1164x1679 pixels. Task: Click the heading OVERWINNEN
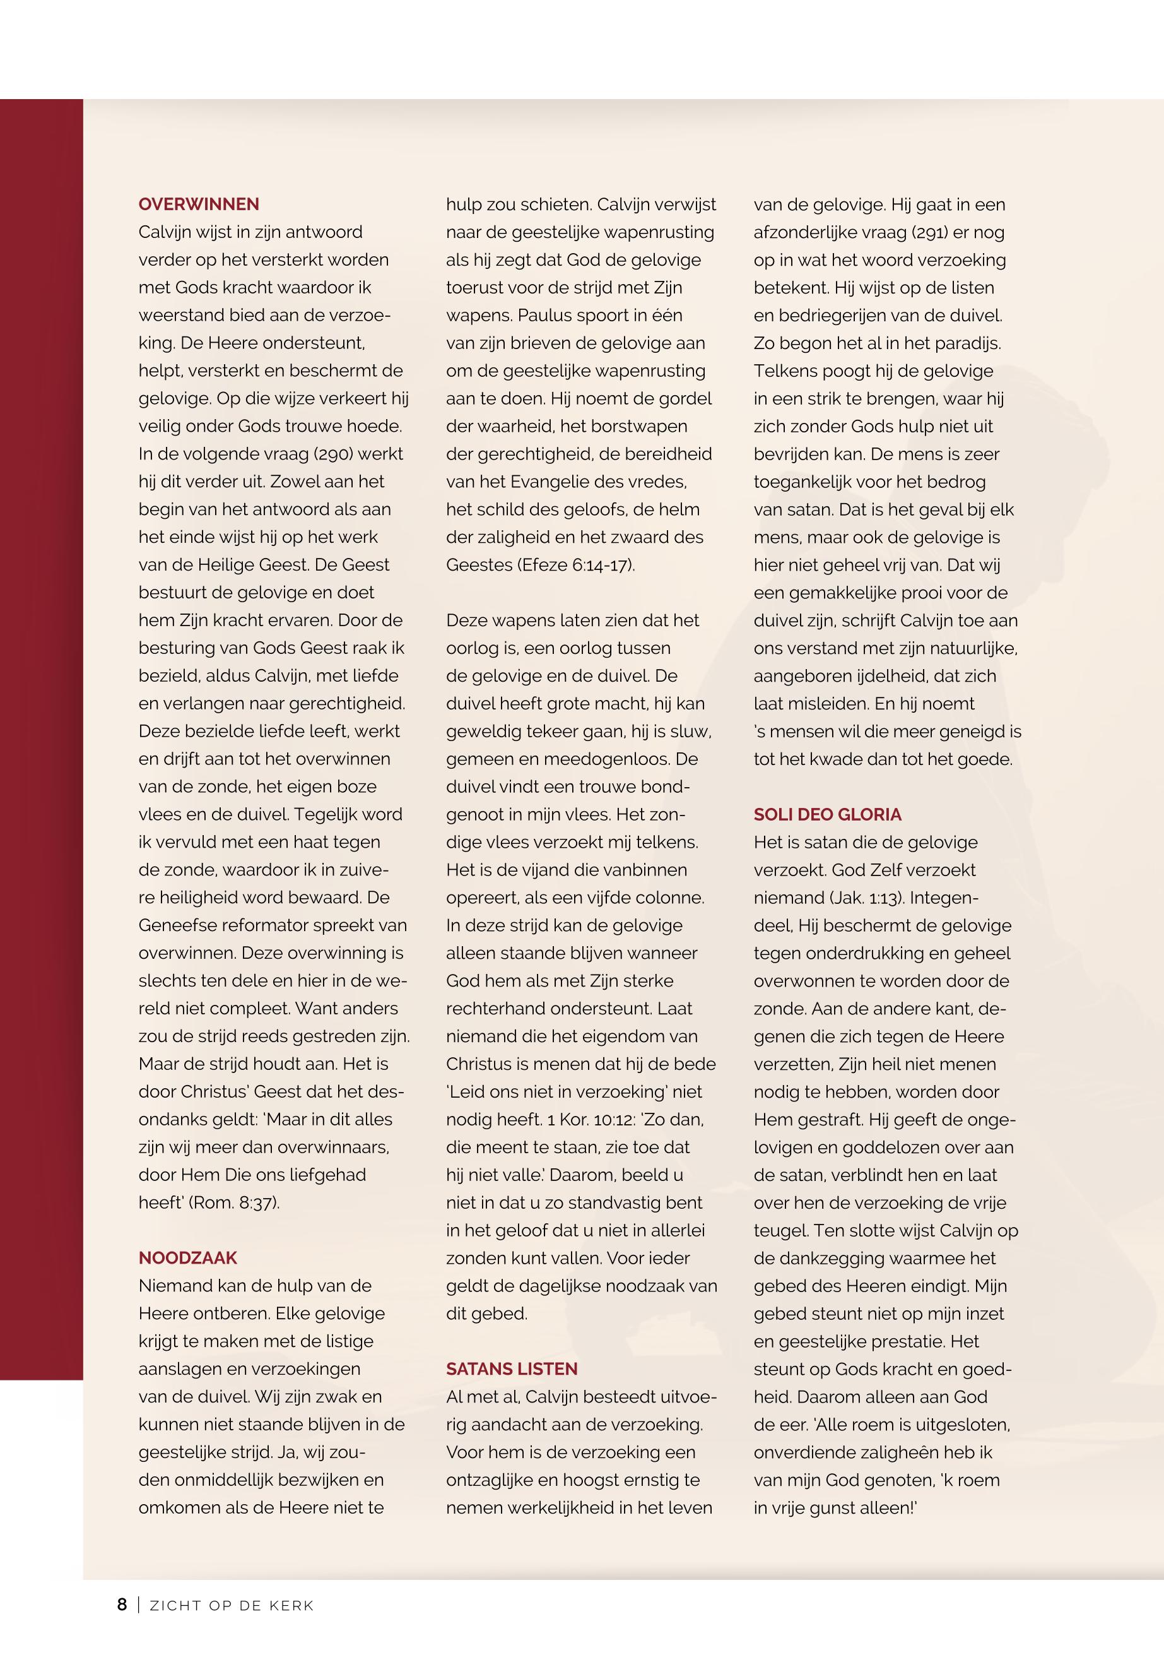[198, 205]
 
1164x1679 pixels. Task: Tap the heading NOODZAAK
[187, 1258]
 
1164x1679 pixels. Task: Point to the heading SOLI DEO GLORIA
[827, 814]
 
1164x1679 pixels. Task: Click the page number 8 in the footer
[122, 1605]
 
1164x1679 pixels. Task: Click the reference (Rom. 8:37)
[234, 1202]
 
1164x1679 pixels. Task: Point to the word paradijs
[964, 343]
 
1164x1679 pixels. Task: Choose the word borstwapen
[641, 426]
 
